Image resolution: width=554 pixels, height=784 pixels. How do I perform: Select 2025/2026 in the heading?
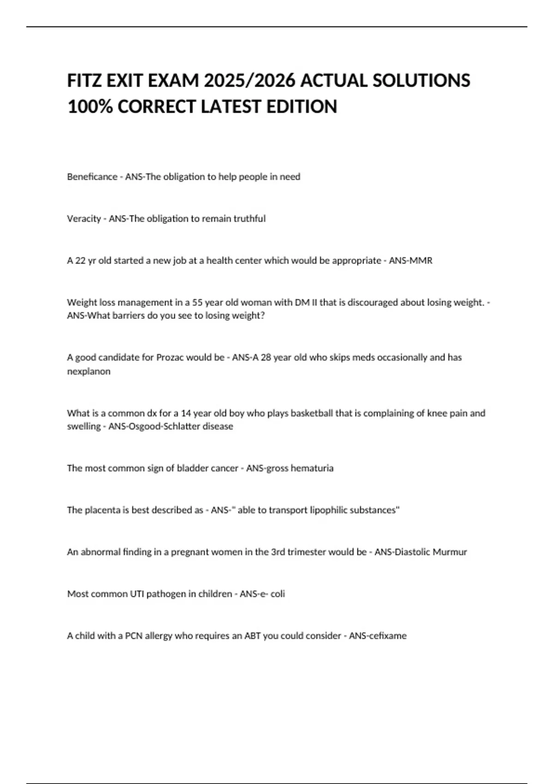250,81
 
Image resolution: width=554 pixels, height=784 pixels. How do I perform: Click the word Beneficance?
92,177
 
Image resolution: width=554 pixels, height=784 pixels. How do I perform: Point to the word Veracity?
84,219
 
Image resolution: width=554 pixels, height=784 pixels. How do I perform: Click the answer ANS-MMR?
410,261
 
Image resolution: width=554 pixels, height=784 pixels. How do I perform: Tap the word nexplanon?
89,371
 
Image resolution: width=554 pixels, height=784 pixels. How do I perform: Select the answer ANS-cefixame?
378,636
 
